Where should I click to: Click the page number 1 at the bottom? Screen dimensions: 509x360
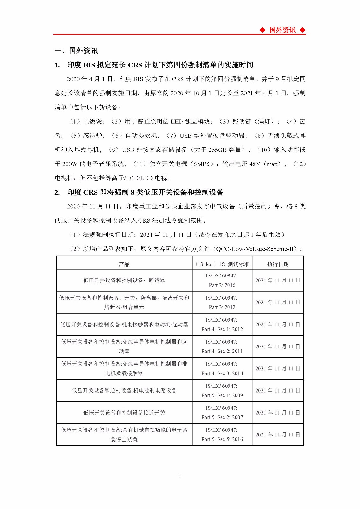[x=180, y=476]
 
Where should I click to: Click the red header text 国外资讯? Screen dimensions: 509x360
[x=282, y=30]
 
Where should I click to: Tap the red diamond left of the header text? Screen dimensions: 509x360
[x=262, y=30]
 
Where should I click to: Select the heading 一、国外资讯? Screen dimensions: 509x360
[x=76, y=51]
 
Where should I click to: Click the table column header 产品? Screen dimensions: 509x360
[x=124, y=264]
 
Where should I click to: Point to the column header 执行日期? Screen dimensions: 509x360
[x=278, y=264]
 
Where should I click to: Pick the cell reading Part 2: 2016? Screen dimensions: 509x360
[x=222, y=285]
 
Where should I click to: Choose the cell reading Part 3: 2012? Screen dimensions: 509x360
[x=222, y=307]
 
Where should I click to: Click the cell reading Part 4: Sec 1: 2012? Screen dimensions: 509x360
[x=222, y=329]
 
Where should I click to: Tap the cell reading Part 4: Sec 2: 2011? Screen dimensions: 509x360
[x=222, y=351]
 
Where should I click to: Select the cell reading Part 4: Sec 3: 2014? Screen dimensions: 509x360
[x=222, y=373]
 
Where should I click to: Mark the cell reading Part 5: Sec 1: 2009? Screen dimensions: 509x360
[x=222, y=395]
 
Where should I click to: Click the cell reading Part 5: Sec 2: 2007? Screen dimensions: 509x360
[x=222, y=417]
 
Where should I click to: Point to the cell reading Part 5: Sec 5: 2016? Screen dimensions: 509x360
[x=222, y=439]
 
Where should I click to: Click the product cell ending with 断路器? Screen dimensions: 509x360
[x=124, y=280]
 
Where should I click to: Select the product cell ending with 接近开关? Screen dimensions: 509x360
[x=124, y=413]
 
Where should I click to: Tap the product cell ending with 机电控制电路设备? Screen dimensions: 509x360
[x=124, y=390]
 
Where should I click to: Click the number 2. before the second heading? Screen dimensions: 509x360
[x=57, y=192]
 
